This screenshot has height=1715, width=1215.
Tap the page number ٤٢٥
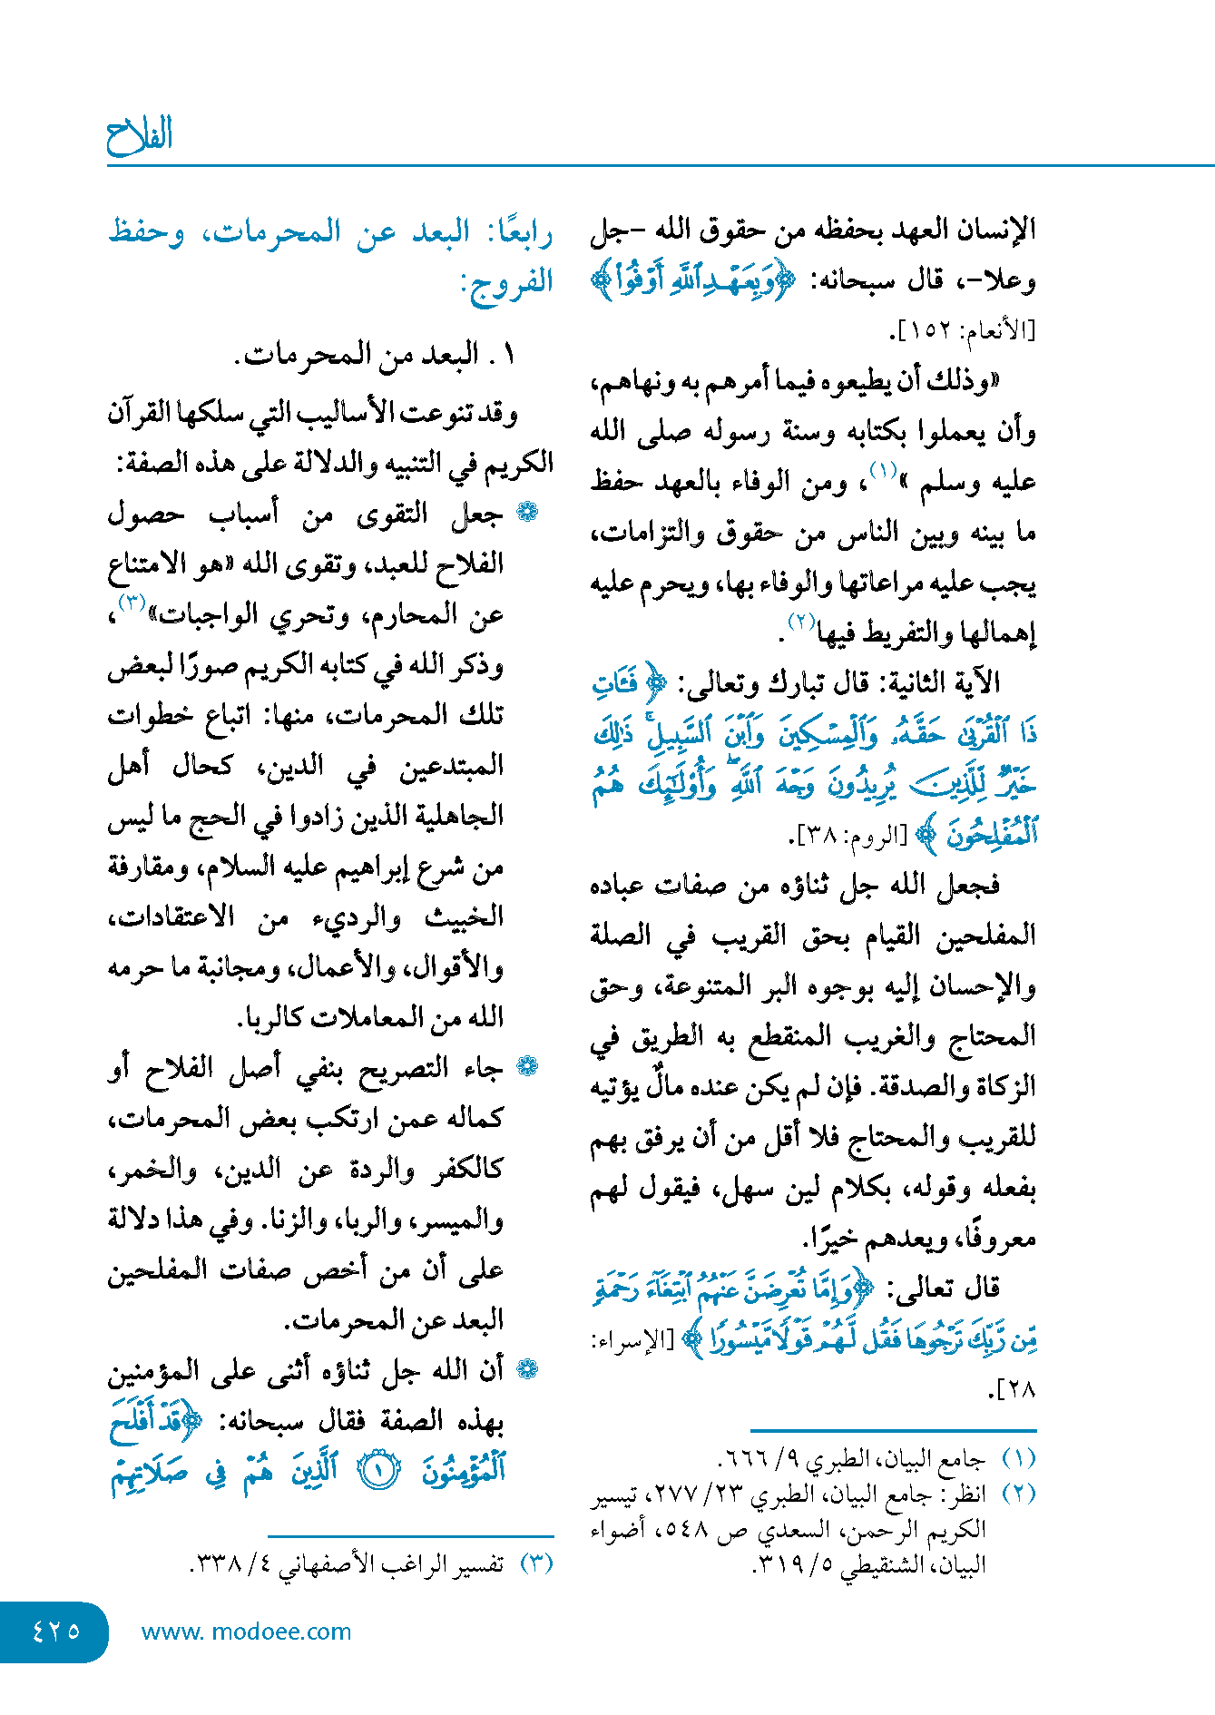pos(55,1631)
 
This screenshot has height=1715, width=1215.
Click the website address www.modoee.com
pos(246,1632)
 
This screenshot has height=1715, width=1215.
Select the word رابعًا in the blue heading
pos(520,232)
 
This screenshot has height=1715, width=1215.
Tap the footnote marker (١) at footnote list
pos(1018,1459)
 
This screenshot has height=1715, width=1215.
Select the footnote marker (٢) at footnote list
pos(1018,1494)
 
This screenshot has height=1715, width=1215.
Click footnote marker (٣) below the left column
pos(536,1563)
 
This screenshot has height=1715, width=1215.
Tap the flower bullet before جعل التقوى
pos(527,513)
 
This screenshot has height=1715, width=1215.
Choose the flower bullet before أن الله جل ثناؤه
pos(527,1370)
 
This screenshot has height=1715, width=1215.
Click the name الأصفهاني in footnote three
pos(333,1563)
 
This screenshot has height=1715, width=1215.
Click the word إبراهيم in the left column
pos(384,867)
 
